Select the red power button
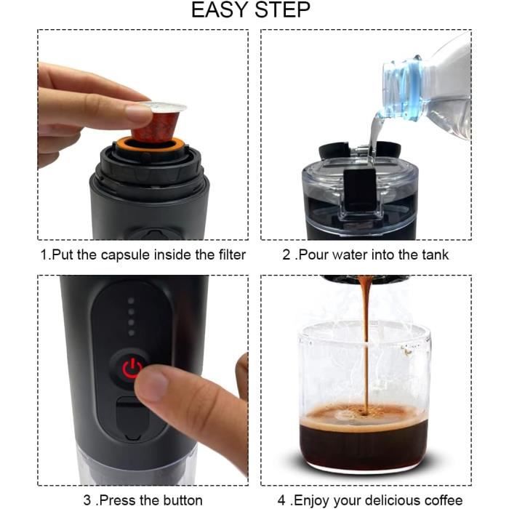coord(132,369)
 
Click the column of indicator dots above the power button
coord(132,316)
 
